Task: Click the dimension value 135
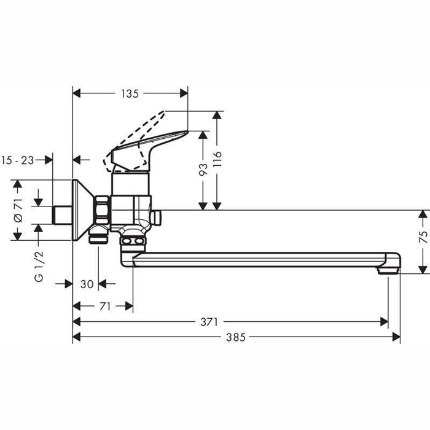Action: [130, 93]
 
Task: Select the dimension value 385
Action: [237, 337]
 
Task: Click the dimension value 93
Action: [203, 169]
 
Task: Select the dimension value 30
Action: [87, 284]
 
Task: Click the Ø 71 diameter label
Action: [18, 210]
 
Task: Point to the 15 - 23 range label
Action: [18, 160]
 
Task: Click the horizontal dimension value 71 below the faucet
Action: [104, 306]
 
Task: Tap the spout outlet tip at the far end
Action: [392, 268]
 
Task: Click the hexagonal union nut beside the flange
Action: [103, 211]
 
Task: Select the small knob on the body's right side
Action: [158, 217]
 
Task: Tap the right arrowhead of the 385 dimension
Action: [396, 337]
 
